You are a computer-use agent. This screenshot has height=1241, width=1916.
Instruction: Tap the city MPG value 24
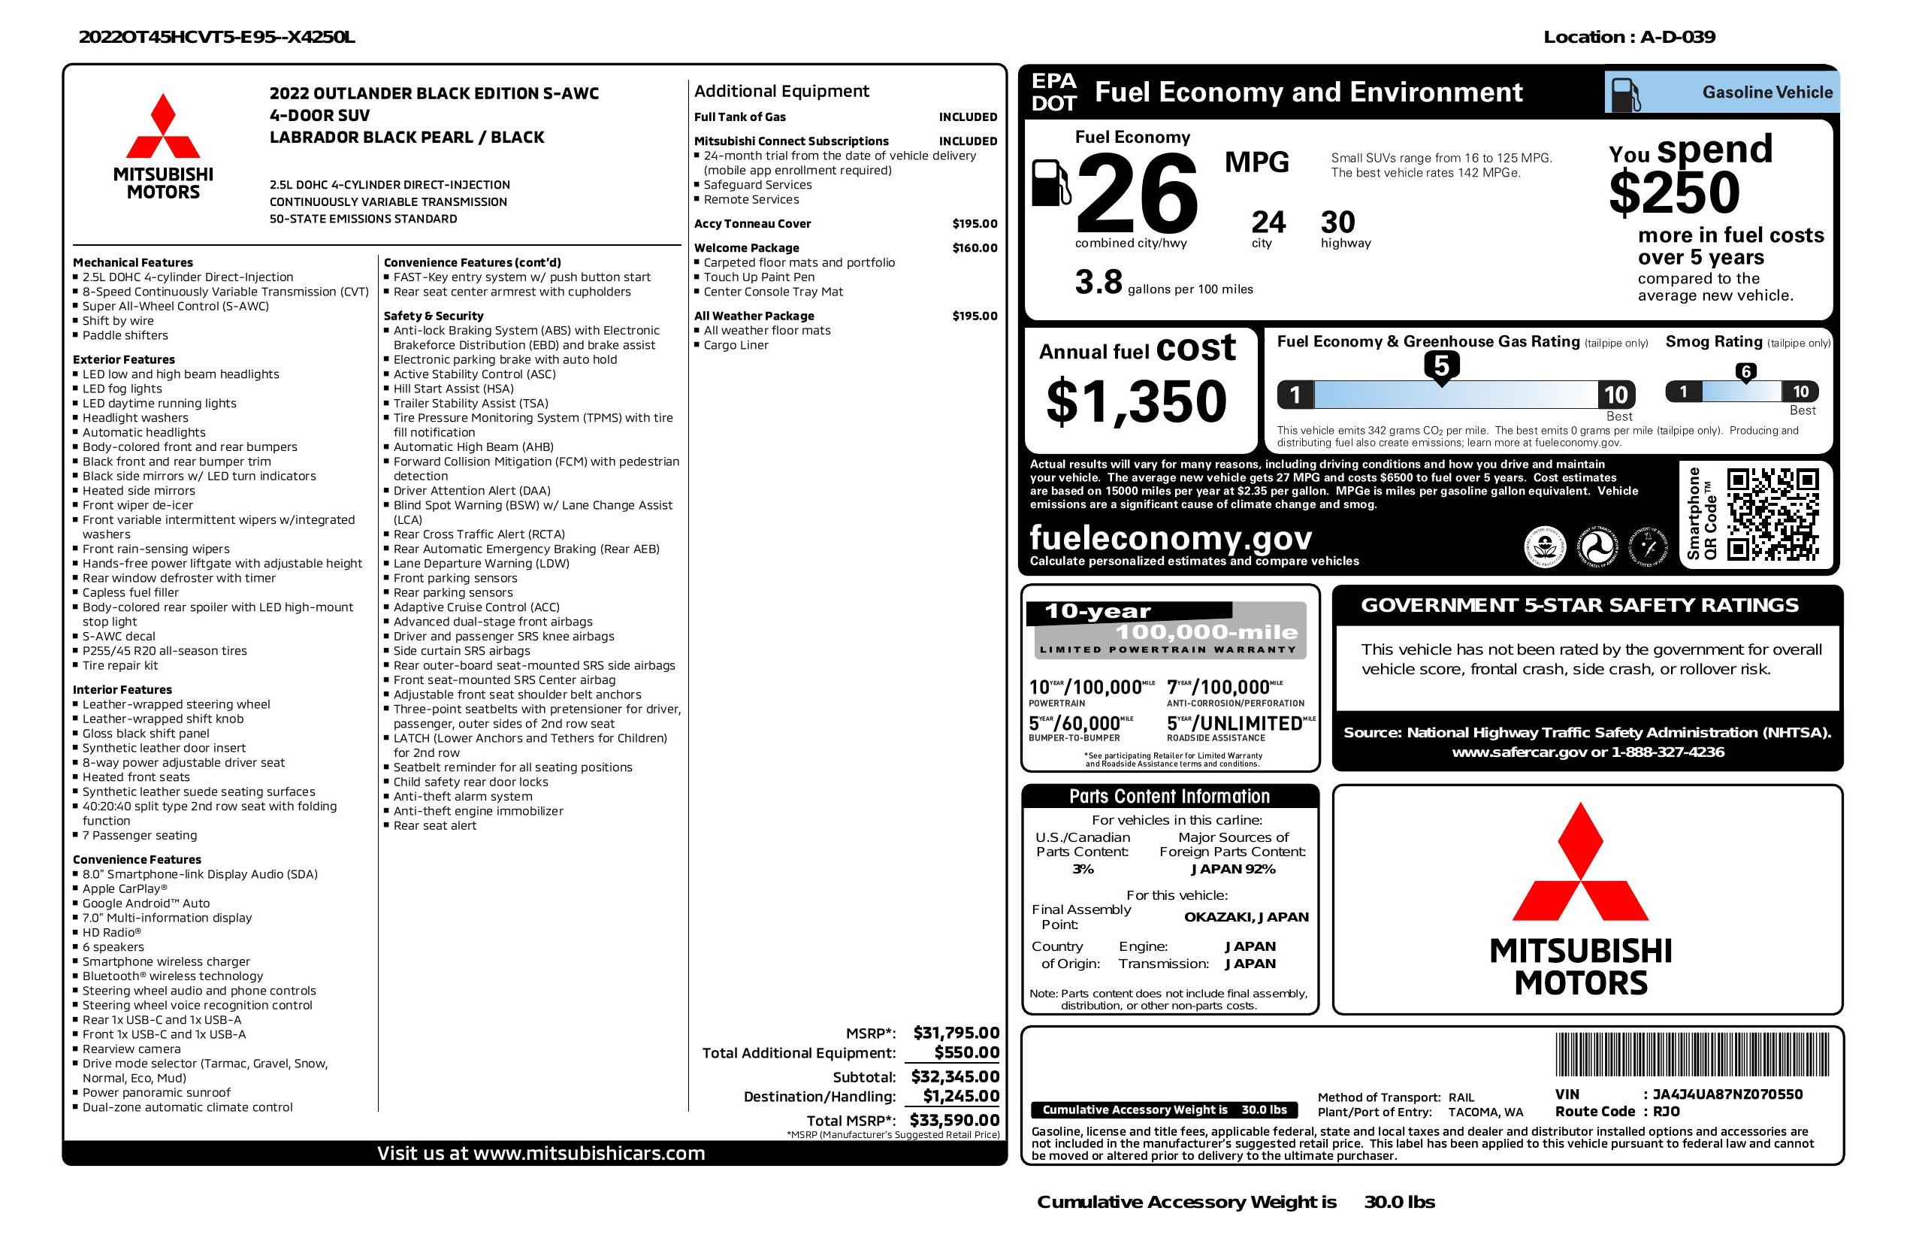(x=1268, y=222)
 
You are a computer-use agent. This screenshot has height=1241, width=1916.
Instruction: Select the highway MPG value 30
(x=1337, y=222)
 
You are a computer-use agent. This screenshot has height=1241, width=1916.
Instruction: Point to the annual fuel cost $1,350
(x=1136, y=401)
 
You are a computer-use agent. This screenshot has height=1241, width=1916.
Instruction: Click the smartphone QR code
(x=1772, y=515)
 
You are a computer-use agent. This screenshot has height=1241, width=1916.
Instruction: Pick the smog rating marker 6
(x=1745, y=372)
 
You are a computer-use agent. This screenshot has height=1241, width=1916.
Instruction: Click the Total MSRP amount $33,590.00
(x=954, y=1119)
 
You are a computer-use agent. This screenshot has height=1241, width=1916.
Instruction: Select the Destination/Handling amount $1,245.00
(x=960, y=1095)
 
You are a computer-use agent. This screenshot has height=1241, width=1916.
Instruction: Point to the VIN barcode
(x=1691, y=1056)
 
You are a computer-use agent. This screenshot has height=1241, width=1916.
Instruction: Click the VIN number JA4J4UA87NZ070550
(x=1727, y=1094)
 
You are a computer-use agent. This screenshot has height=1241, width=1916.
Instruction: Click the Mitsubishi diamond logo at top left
(x=164, y=127)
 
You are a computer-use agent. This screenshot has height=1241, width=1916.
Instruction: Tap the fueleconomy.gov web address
(x=1171, y=537)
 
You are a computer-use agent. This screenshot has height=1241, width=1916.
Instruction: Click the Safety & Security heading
(x=433, y=316)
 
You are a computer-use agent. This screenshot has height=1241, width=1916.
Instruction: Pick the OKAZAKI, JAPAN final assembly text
(x=1246, y=916)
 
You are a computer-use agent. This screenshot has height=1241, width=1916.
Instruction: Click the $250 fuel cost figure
(x=1674, y=193)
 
